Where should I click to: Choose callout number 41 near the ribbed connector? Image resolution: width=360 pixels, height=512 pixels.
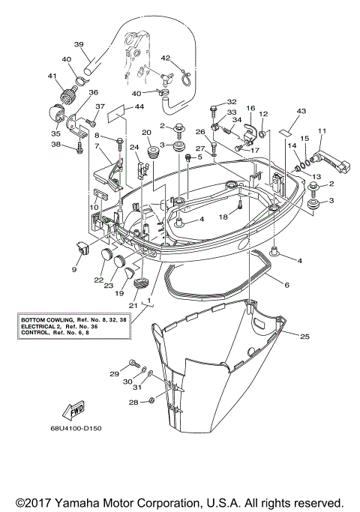click(x=52, y=76)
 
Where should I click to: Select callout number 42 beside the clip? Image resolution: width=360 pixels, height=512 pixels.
click(x=166, y=57)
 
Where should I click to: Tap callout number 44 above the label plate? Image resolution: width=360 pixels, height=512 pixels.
click(x=139, y=106)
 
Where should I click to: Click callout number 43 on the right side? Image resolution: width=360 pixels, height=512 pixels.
click(x=301, y=110)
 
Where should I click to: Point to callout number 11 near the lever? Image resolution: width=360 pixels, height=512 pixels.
click(x=322, y=132)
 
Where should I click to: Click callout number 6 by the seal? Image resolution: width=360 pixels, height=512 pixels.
click(x=286, y=285)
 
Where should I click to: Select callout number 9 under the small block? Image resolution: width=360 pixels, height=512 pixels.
click(x=74, y=269)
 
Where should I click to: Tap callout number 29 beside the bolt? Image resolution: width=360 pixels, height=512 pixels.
click(x=115, y=373)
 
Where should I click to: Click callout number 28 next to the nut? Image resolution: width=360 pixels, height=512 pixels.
click(x=133, y=402)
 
